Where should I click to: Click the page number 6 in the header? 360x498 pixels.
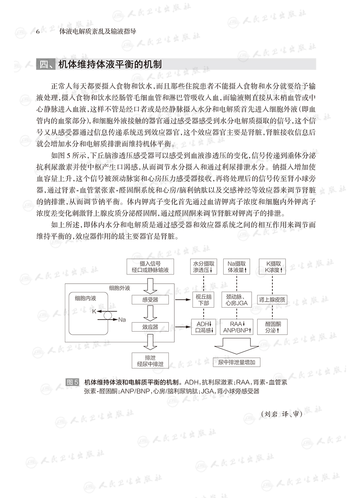[x=37, y=32]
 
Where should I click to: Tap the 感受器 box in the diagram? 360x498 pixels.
[x=150, y=299]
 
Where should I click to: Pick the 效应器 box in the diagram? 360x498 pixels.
[x=150, y=327]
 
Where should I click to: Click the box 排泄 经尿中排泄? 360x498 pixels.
[x=150, y=360]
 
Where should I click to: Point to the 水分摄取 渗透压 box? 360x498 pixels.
[x=203, y=267]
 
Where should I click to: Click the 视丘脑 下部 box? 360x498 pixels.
[x=203, y=300]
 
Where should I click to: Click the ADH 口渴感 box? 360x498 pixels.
[x=203, y=327]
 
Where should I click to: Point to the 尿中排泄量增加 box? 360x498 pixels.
[x=239, y=362]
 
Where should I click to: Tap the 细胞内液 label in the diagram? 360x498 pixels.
[x=86, y=298]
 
